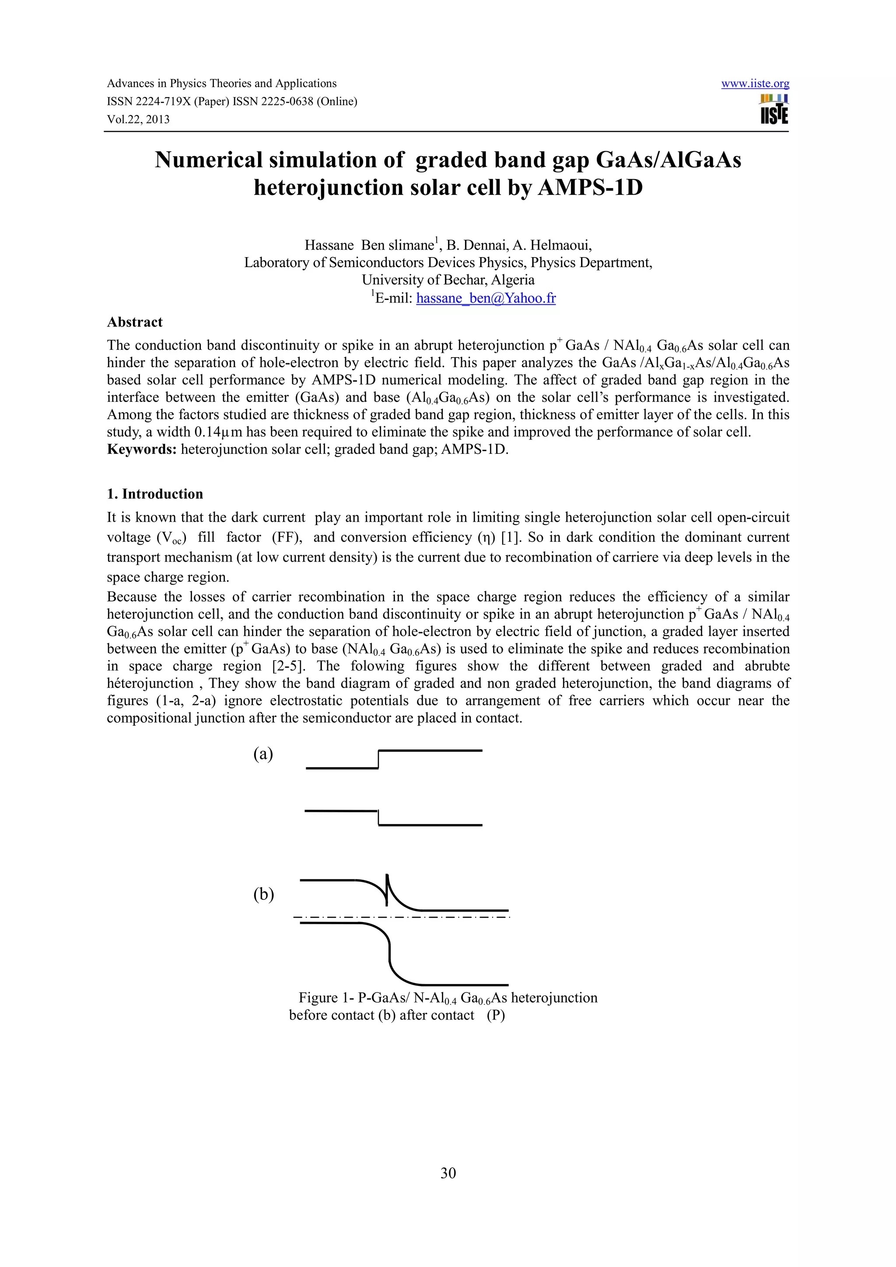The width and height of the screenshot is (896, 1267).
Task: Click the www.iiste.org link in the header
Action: (755, 84)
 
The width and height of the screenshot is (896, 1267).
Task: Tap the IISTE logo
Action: (774, 109)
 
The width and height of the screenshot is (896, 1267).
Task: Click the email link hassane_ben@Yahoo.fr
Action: (486, 299)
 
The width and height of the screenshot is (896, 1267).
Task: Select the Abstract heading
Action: (135, 322)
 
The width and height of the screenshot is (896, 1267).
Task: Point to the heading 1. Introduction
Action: (155, 494)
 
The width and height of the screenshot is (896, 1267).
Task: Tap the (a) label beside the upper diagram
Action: (263, 754)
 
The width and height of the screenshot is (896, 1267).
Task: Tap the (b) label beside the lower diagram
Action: (263, 894)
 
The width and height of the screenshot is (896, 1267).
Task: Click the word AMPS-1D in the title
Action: (590, 188)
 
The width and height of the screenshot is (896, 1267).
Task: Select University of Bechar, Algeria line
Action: (448, 280)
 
